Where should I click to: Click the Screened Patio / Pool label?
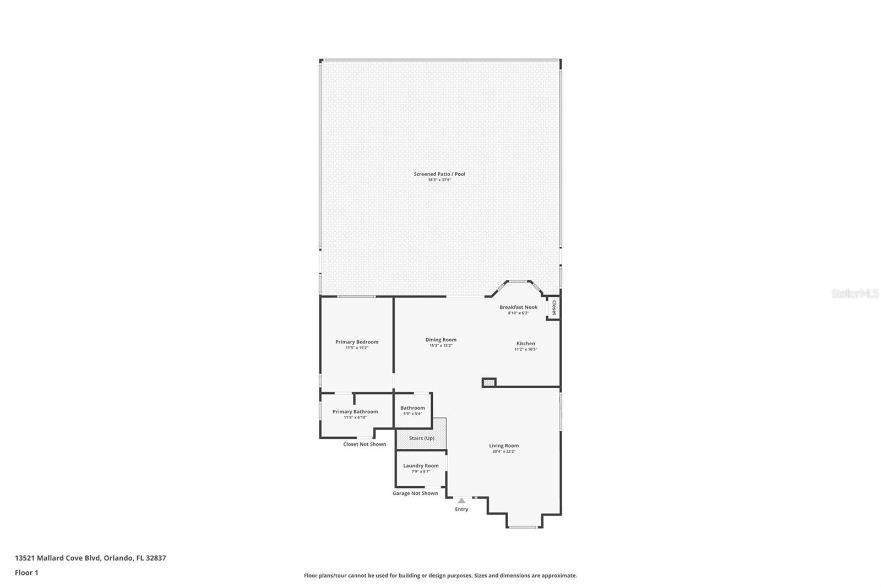[x=439, y=174]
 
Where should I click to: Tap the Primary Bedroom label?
[x=357, y=342]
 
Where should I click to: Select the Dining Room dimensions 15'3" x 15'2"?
[x=440, y=346]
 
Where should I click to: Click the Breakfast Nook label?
[x=518, y=307]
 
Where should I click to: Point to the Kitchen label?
[x=525, y=344]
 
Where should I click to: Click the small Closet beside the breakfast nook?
[x=553, y=308]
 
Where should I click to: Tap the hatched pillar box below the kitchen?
[x=489, y=382]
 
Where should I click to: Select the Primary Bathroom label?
[x=355, y=411]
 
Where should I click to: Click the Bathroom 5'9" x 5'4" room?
[x=412, y=410]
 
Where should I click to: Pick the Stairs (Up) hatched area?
[x=421, y=438]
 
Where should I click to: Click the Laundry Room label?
[x=421, y=466]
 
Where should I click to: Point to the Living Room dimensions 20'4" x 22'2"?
[x=504, y=452]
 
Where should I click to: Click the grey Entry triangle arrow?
[x=461, y=501]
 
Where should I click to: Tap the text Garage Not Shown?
[x=415, y=493]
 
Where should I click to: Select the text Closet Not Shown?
[x=365, y=444]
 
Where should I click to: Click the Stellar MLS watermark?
[x=855, y=294]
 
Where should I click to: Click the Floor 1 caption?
[x=26, y=573]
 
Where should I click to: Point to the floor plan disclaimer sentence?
[x=440, y=575]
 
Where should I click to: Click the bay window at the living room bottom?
[x=523, y=528]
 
